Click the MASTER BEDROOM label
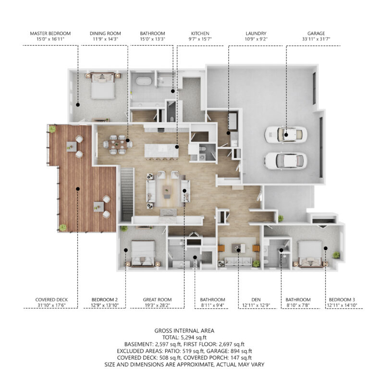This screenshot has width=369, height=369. click(x=50, y=34)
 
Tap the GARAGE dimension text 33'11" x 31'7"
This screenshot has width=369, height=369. click(x=316, y=39)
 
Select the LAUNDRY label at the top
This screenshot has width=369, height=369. click(x=256, y=34)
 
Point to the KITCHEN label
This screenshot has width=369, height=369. click(x=200, y=34)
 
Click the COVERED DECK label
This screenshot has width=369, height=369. click(x=51, y=300)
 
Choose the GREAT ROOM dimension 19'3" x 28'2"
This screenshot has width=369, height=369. click(x=157, y=306)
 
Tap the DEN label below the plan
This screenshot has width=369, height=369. click(x=256, y=300)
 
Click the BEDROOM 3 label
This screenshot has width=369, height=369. click(x=342, y=300)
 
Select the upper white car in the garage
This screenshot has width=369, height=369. click(x=286, y=135)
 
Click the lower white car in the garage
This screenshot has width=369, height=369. click(x=286, y=161)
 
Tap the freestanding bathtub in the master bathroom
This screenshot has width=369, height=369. click(x=144, y=81)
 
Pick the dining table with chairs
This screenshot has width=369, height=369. click(x=118, y=144)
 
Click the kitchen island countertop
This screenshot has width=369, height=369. click(x=161, y=150)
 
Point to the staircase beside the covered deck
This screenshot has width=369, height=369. click(x=127, y=194)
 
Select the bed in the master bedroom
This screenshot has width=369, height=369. click(x=103, y=86)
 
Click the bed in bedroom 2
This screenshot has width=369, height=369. click(x=143, y=254)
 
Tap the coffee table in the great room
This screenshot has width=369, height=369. click(x=167, y=192)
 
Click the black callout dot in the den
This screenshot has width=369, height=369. click(x=238, y=250)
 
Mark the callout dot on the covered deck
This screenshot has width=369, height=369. click(x=78, y=189)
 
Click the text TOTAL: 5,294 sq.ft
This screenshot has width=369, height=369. click(x=184, y=337)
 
